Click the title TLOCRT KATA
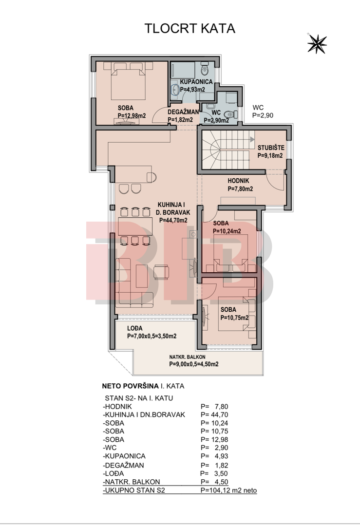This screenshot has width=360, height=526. (189, 28)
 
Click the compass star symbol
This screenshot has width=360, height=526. (317, 44)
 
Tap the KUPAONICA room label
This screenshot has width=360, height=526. (196, 81)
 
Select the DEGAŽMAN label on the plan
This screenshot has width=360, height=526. (183, 112)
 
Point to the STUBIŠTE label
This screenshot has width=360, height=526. (271, 148)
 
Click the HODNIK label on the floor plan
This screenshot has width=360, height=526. (238, 181)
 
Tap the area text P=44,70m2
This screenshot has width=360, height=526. (173, 221)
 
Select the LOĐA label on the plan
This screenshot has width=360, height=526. (134, 328)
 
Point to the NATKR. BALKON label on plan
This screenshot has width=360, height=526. (187, 357)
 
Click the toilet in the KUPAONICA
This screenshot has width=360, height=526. (204, 70)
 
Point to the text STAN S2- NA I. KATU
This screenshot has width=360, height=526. (139, 398)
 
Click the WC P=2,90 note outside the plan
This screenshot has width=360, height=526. (263, 112)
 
